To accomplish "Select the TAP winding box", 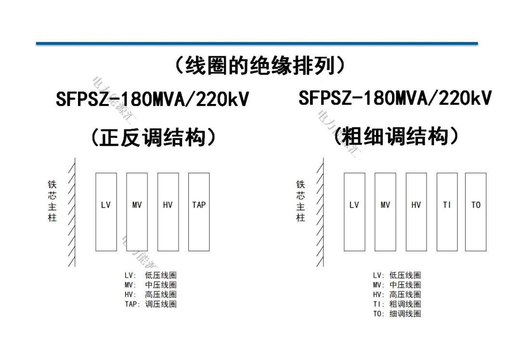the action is pos(199,212).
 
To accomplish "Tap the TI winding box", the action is pos(447,212).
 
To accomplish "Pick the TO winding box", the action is pos(476,212).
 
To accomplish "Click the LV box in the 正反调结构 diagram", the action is pos(106,212).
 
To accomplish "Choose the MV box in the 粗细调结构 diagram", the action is pos(385,212).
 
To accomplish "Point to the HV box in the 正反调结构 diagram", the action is pos(168,212).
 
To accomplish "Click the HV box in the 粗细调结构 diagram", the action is pos(416,212).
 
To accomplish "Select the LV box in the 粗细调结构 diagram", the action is pos(354,212).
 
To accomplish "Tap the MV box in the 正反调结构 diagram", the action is pos(137,212).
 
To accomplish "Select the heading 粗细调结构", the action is pos(396,137).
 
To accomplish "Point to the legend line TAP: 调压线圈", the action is pos(151,304).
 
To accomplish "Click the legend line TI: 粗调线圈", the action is pos(397,304).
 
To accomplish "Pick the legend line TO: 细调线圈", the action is pos(397,314).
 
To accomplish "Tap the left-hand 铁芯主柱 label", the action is pos(52,201).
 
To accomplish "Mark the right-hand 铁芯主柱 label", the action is pos(300,201).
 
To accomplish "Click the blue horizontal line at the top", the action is pos(257,44).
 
